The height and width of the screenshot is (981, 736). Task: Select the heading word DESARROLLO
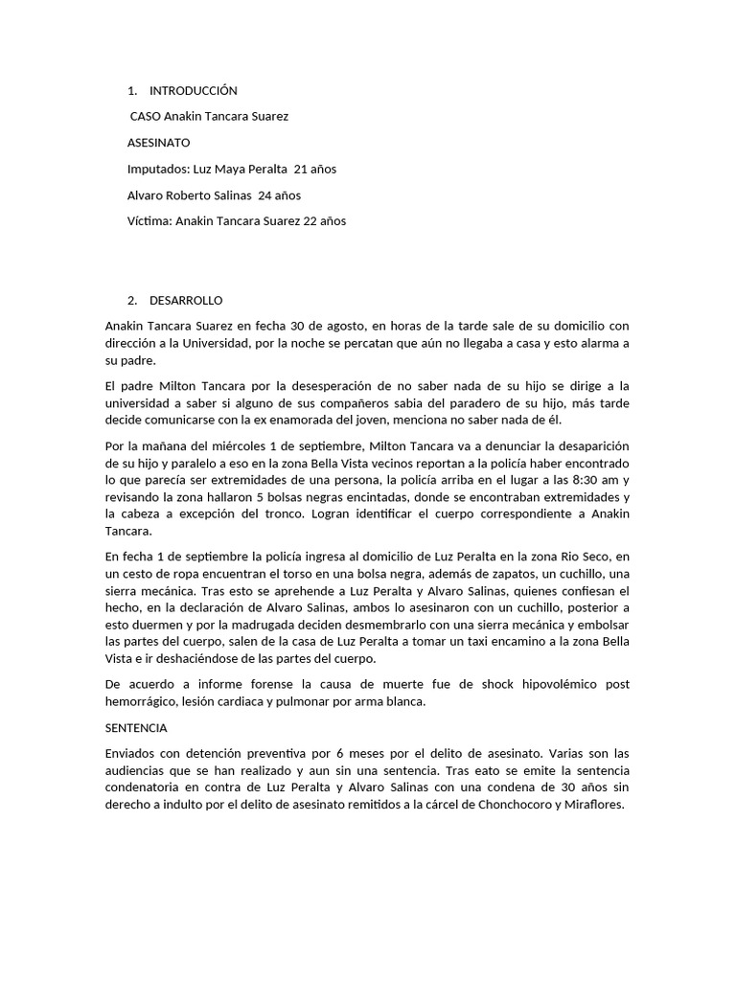(x=186, y=301)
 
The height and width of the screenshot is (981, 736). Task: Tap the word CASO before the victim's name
(x=145, y=117)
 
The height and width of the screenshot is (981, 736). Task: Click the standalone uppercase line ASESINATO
(x=159, y=143)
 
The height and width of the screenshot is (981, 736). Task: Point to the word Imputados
(x=157, y=170)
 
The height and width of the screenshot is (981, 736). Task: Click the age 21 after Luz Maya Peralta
(x=301, y=170)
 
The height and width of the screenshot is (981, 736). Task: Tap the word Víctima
(x=149, y=221)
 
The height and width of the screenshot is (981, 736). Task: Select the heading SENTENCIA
(x=136, y=728)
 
